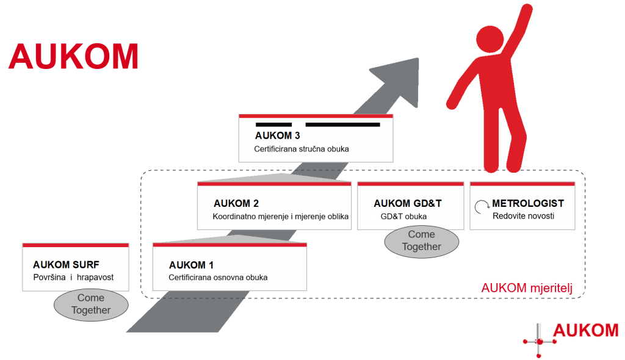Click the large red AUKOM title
[73, 56]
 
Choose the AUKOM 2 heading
[236, 203]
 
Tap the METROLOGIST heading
[529, 203]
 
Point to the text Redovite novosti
[523, 216]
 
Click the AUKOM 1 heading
[191, 265]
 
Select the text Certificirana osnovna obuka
[218, 278]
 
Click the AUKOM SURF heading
[66, 265]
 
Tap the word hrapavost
[95, 278]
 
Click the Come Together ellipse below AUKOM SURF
[91, 304]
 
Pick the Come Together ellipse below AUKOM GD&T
[421, 240]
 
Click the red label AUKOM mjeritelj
[527, 287]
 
